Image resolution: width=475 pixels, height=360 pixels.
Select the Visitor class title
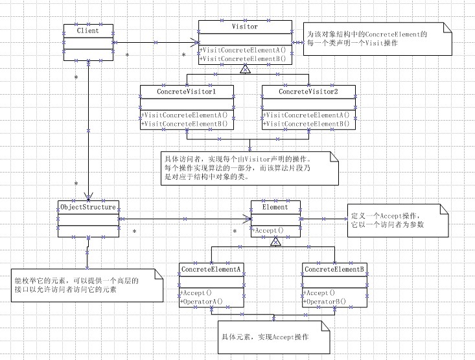pyautogui.click(x=244, y=27)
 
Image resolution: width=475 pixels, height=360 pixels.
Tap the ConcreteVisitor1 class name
pyautogui.click(x=187, y=92)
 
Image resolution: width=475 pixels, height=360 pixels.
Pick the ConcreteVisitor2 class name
pyautogui.click(x=308, y=92)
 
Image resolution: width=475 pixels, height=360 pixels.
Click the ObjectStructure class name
pyautogui.click(x=88, y=208)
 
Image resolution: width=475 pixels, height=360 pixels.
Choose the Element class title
pyautogui.click(x=275, y=208)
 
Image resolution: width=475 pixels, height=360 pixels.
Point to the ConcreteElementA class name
pyautogui.click(x=212, y=269)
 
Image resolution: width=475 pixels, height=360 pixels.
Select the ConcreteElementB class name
pyautogui.click(x=334, y=269)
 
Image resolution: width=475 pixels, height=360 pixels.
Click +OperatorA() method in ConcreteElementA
pyautogui.click(x=202, y=301)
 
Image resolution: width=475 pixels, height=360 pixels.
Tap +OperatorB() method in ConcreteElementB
pyautogui.click(x=325, y=301)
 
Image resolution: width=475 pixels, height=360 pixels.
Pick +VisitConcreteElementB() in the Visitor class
pyautogui.click(x=243, y=58)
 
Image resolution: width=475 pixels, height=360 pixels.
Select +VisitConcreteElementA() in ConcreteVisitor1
pyautogui.click(x=185, y=115)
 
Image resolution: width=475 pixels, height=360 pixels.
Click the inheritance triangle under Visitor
pyautogui.click(x=244, y=68)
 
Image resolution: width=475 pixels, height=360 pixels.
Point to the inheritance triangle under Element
pyautogui.click(x=275, y=241)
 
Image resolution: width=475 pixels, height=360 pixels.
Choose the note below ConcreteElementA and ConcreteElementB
pyautogui.click(x=273, y=338)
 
